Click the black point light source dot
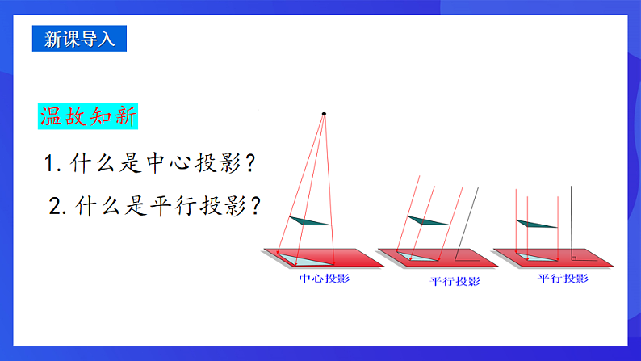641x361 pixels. pos(324,114)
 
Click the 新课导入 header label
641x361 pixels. pos(80,40)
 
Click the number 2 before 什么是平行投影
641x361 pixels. pos(55,207)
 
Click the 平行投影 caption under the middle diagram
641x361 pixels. pos(455,282)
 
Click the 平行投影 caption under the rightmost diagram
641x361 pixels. pos(563,279)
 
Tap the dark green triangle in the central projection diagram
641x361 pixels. pos(312,220)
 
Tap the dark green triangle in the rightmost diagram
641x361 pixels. pos(535,224)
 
